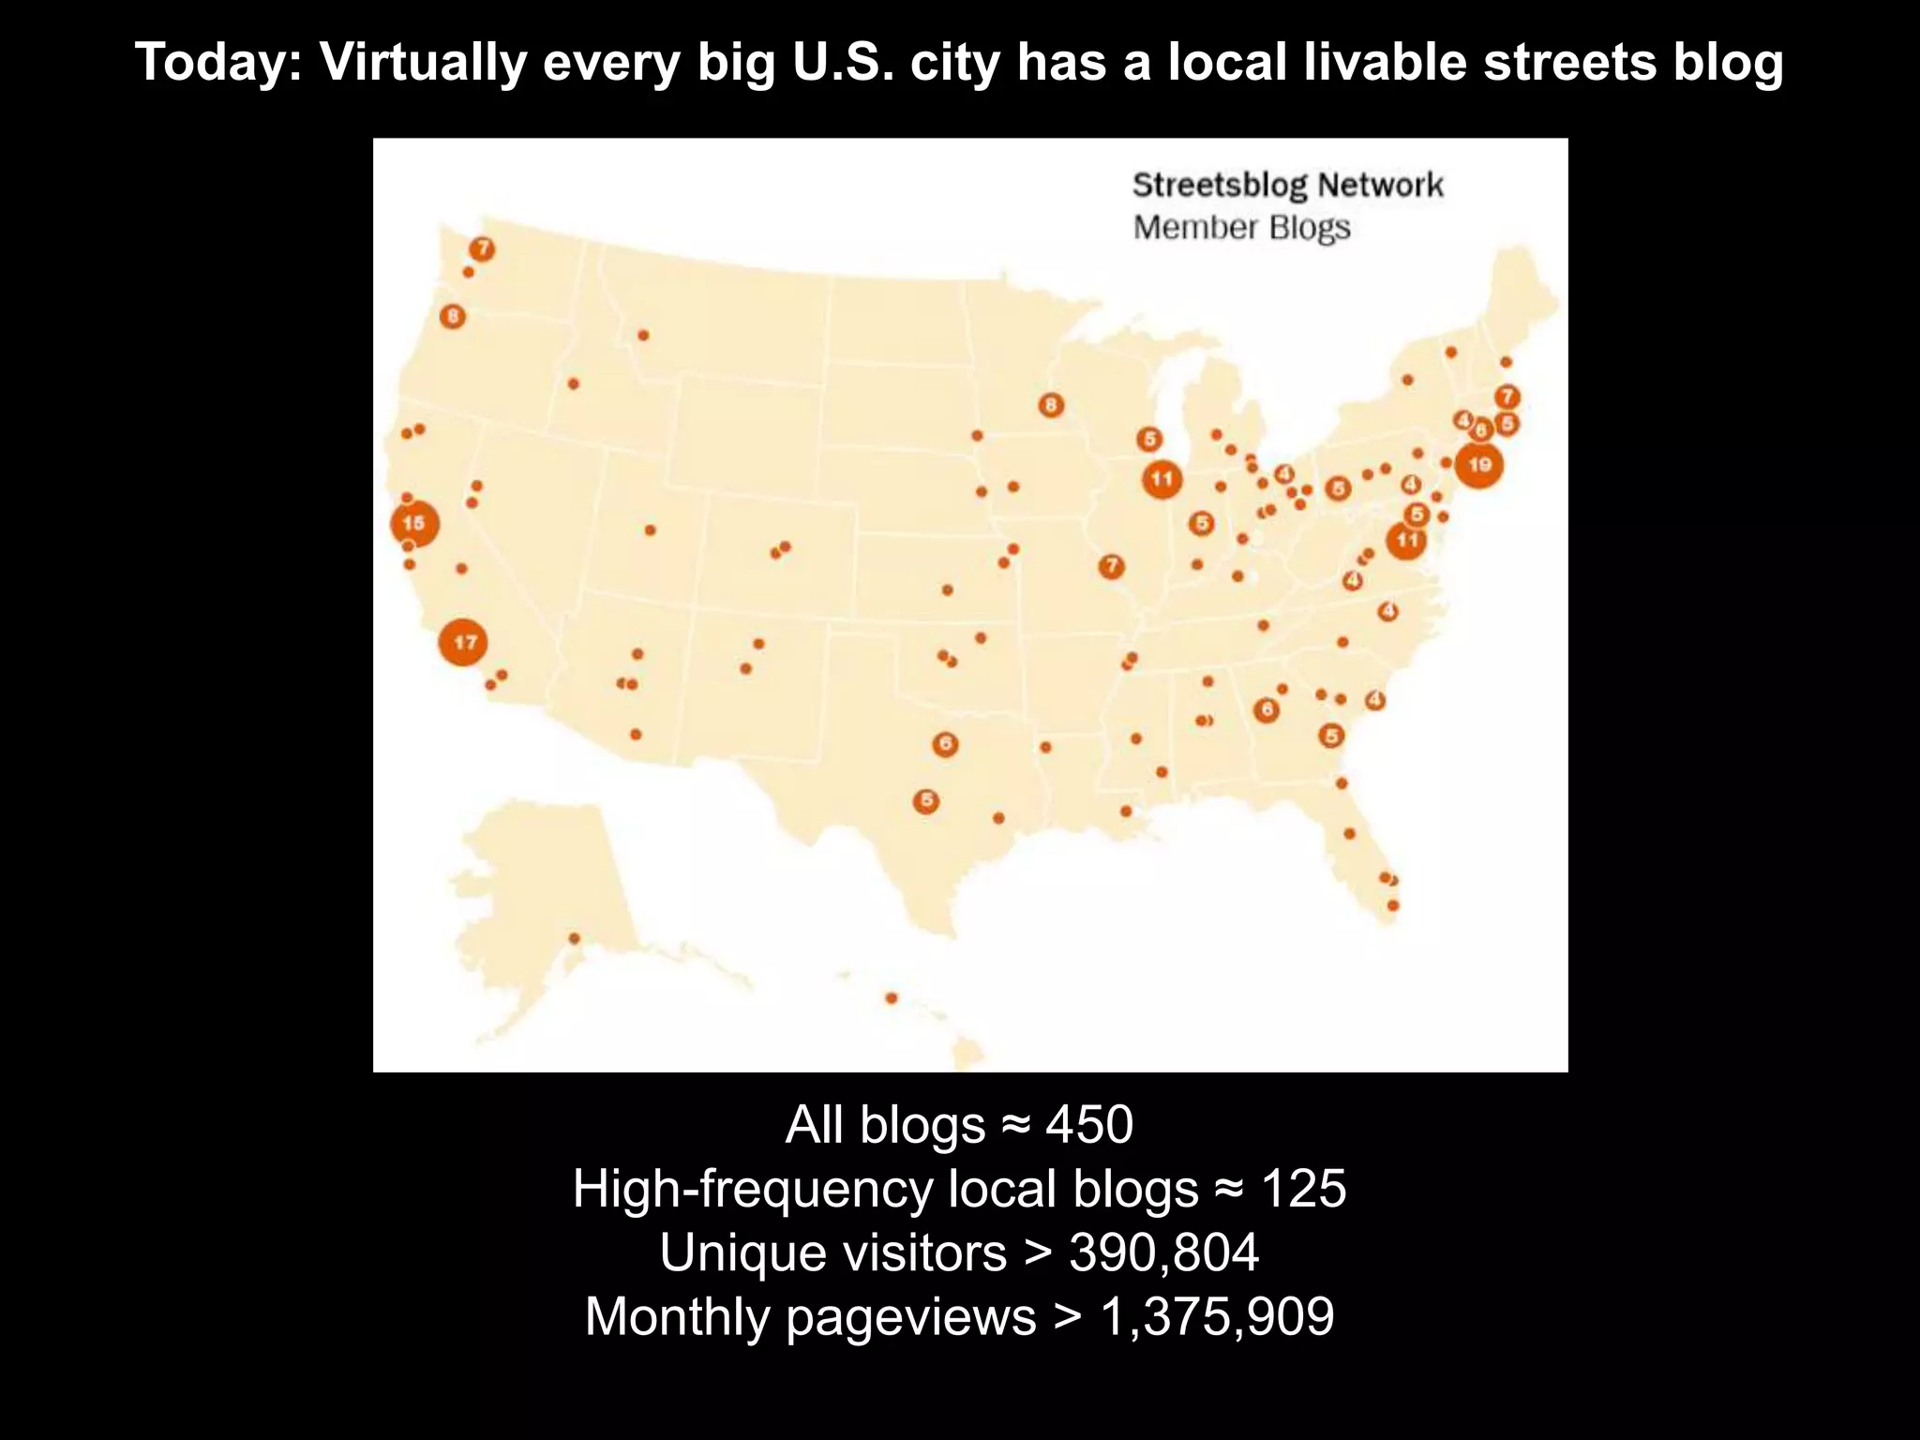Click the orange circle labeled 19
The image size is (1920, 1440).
click(1478, 465)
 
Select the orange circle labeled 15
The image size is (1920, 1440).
click(413, 523)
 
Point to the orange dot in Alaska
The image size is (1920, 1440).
click(575, 938)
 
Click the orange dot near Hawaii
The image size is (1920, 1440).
click(892, 997)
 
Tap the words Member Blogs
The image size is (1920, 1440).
click(1241, 228)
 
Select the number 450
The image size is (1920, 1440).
click(1089, 1124)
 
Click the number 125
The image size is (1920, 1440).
click(1303, 1188)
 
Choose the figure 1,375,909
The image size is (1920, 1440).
click(1217, 1315)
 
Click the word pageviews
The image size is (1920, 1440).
click(910, 1315)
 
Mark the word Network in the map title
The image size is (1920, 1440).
click(1380, 185)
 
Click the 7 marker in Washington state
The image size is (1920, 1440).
click(482, 248)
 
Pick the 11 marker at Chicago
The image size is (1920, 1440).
click(1162, 479)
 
